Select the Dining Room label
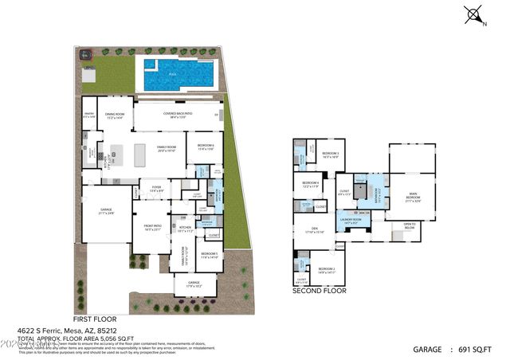116,116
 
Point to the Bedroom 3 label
330,155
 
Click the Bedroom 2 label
328,270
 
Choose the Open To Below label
409,225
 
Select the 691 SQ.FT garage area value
477,349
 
